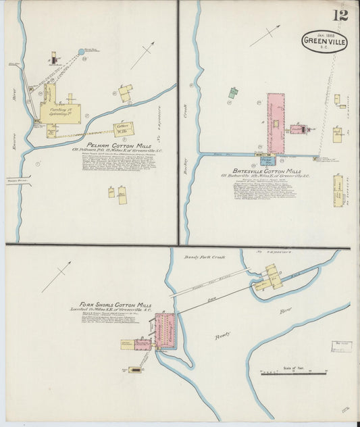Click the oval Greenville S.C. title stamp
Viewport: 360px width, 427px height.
pyautogui.click(x=325, y=42)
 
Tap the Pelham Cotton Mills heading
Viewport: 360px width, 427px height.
pyautogui.click(x=112, y=144)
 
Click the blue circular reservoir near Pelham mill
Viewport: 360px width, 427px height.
pyautogui.click(x=81, y=51)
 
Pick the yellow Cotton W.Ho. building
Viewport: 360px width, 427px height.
pyautogui.click(x=124, y=129)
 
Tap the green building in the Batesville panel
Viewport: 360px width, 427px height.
pyautogui.click(x=233, y=93)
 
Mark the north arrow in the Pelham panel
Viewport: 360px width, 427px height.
pyautogui.click(x=143, y=55)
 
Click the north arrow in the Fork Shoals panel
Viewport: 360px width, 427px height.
pyautogui.click(x=57, y=277)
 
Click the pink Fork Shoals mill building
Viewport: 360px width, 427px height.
pyautogui.click(x=165, y=330)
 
